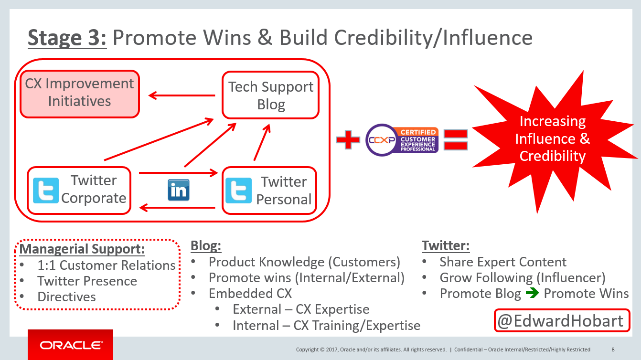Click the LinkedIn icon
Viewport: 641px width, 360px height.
tap(179, 190)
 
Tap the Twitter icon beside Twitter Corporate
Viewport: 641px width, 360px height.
tap(46, 191)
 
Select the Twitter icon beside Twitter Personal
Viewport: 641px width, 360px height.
tap(239, 191)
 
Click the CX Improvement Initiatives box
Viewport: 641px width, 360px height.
tap(80, 94)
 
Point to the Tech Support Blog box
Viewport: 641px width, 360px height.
tap(270, 95)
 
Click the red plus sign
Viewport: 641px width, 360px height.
tap(348, 140)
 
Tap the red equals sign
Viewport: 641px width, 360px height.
tap(456, 140)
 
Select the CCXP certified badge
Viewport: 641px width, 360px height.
tap(402, 140)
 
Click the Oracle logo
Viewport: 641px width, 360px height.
tap(71, 345)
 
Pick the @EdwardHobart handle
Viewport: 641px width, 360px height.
tap(562, 320)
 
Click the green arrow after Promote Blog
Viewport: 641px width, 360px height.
tap(532, 293)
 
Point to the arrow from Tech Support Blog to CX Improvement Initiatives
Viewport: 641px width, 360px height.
tap(182, 95)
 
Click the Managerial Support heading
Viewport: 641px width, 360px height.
tap(82, 249)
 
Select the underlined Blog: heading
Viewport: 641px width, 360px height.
tap(206, 245)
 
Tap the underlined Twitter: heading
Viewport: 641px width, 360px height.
tap(446, 245)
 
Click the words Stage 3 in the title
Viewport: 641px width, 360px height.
tap(67, 38)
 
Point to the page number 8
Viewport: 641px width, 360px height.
tap(613, 349)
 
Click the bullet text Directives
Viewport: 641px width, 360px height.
tap(67, 297)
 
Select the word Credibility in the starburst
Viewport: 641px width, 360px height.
tap(553, 156)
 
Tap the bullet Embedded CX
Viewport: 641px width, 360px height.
tap(250, 293)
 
